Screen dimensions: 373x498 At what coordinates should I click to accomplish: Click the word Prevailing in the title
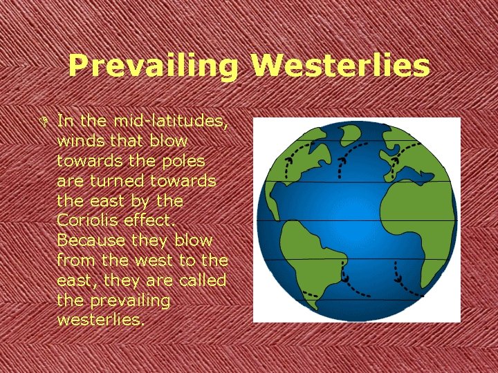click(x=153, y=67)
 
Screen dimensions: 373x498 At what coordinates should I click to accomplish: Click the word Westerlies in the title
click(x=340, y=66)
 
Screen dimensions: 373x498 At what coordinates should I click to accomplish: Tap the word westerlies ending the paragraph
click(x=101, y=321)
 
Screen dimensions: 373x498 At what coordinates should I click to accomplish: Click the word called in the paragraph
click(x=201, y=280)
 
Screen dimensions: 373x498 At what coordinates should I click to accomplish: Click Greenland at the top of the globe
click(x=325, y=137)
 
